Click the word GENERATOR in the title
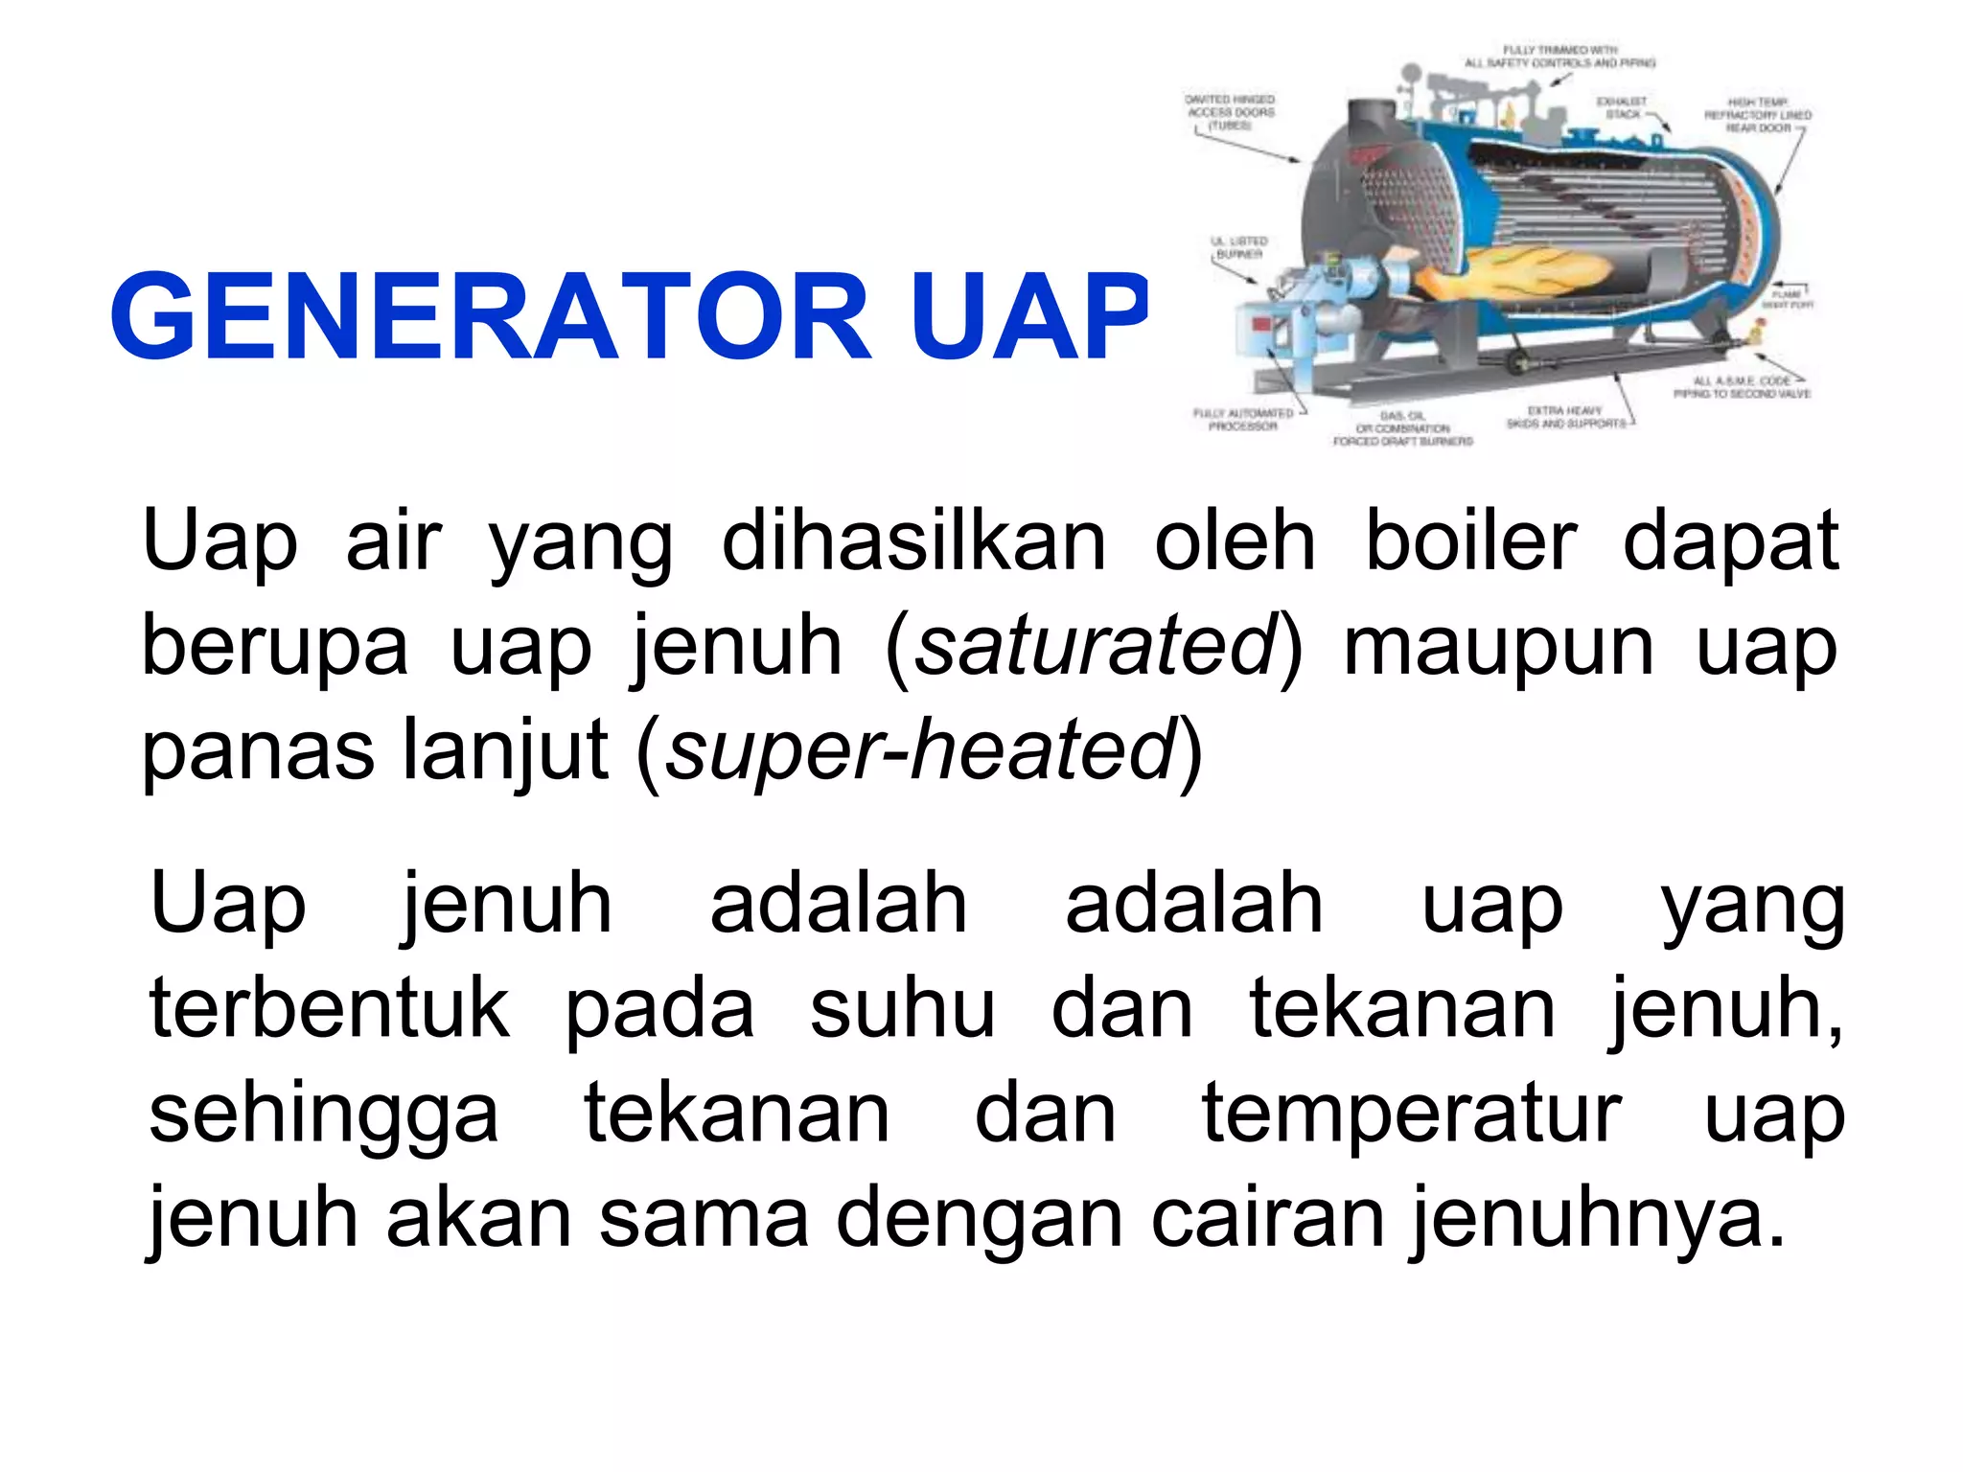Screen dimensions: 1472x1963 490,316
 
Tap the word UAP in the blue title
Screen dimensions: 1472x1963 1029,316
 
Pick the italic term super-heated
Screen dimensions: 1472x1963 920,751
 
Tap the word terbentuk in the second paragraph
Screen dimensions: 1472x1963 330,1008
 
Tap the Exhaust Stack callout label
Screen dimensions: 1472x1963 1622,107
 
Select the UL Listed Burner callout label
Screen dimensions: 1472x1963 1240,248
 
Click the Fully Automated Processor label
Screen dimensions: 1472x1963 1242,420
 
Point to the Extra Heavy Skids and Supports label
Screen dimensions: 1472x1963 1565,417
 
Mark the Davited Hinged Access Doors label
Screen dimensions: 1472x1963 1231,112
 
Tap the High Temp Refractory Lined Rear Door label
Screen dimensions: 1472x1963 1758,115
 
